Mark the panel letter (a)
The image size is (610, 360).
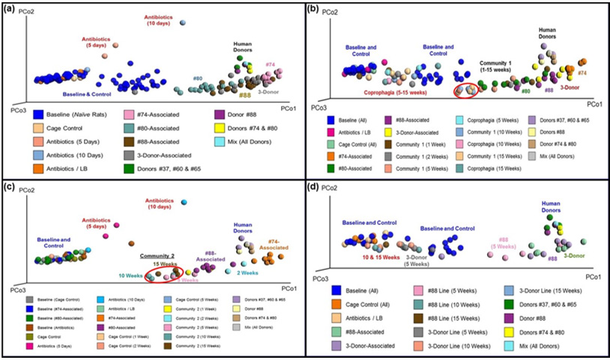12,9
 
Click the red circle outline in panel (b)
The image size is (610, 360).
468,88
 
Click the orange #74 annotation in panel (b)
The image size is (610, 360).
582,73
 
